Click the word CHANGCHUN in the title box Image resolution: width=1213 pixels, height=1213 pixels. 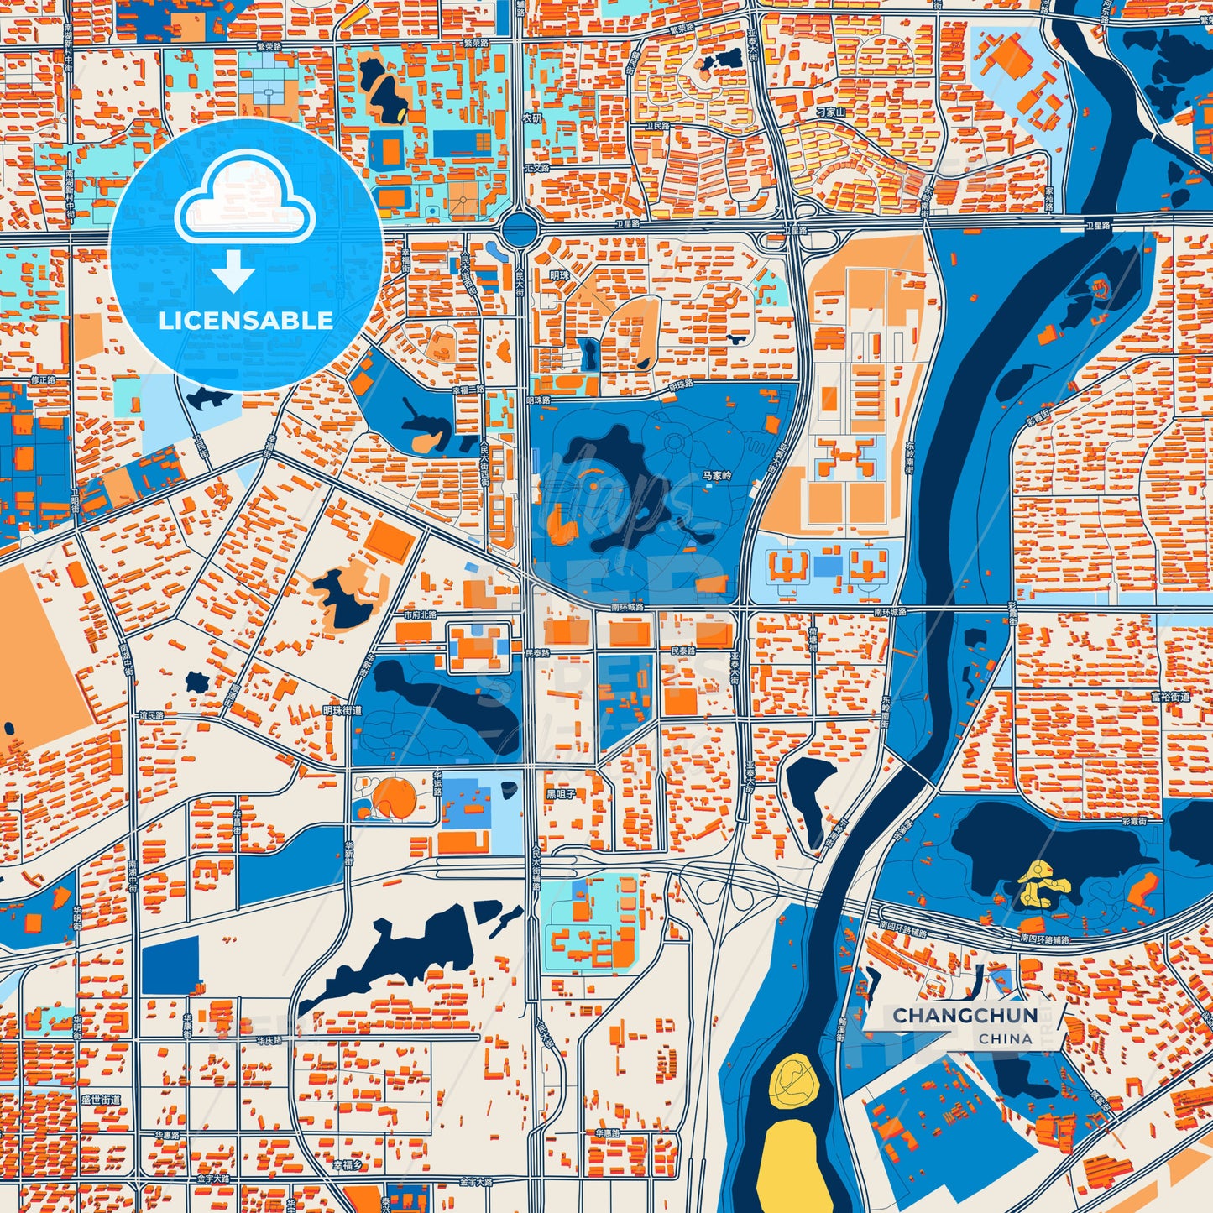(x=965, y=1016)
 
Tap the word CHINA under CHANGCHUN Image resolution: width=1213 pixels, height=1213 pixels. (x=1005, y=1038)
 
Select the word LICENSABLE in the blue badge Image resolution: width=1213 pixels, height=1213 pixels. (x=245, y=321)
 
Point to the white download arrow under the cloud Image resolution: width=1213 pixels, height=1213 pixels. (x=233, y=270)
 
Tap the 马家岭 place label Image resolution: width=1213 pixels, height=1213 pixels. (x=717, y=476)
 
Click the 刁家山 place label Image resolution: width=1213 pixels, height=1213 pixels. (x=831, y=112)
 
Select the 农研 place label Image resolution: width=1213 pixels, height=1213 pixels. (x=532, y=118)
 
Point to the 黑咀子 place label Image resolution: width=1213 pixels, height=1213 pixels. (x=561, y=793)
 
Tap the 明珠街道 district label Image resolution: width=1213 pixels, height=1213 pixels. (x=342, y=710)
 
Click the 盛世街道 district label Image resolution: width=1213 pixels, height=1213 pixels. (x=100, y=1100)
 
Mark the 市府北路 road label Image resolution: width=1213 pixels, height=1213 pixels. (x=420, y=614)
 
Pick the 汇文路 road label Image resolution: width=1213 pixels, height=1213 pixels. (x=536, y=168)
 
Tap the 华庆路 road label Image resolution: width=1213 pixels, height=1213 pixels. (x=269, y=1040)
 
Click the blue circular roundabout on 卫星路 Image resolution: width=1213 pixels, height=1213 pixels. (x=520, y=227)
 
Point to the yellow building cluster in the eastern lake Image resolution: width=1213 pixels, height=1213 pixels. (x=1043, y=885)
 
